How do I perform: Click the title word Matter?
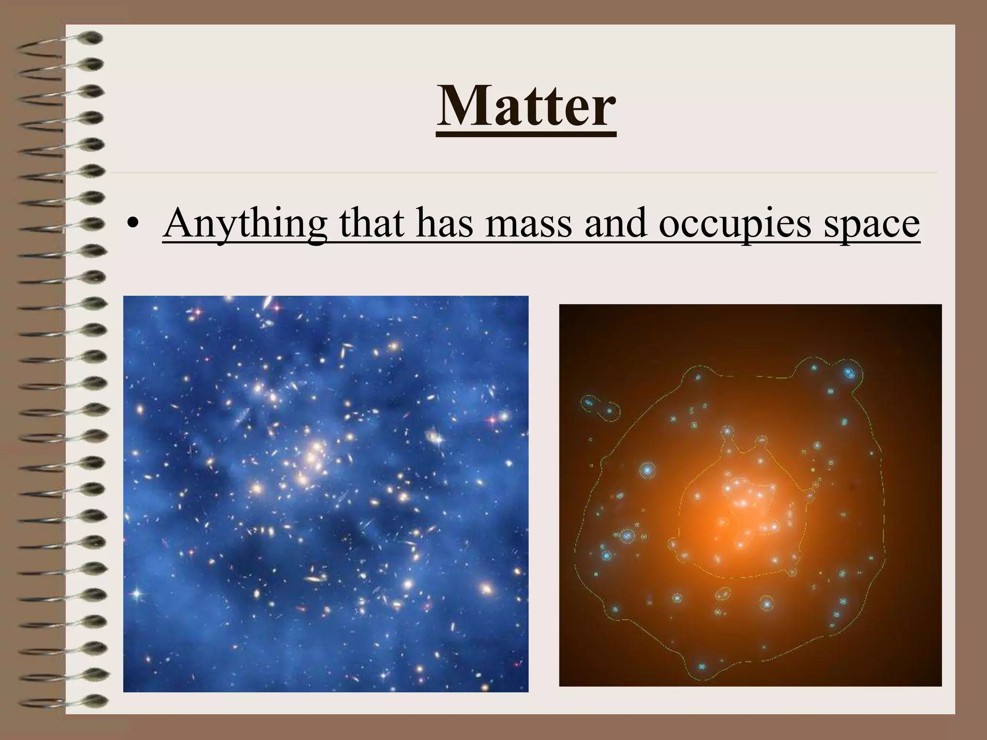[x=526, y=107]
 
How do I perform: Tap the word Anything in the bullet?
[x=244, y=224]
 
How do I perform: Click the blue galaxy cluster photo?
[x=326, y=493]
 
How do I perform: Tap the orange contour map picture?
[x=750, y=495]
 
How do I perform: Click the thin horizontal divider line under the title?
[x=523, y=172]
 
